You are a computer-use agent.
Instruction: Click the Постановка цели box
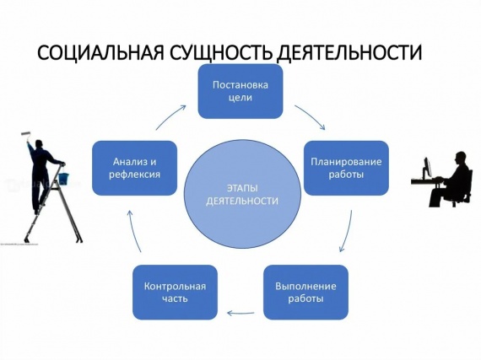(x=240, y=91)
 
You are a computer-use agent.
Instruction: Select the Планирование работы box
(x=346, y=168)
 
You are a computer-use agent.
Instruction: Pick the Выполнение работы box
(x=305, y=293)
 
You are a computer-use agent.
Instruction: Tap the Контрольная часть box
(x=175, y=293)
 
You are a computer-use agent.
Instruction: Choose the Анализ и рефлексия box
(x=135, y=168)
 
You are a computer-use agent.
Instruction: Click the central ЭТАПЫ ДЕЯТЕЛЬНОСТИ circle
(x=242, y=194)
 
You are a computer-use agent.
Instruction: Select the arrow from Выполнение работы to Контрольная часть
(x=240, y=313)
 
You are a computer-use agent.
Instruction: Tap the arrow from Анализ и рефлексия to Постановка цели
(x=170, y=116)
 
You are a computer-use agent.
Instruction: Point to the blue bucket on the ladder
(x=64, y=177)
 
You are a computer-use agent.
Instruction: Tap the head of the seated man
(x=460, y=158)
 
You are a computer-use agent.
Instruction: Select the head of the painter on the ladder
(x=40, y=144)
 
